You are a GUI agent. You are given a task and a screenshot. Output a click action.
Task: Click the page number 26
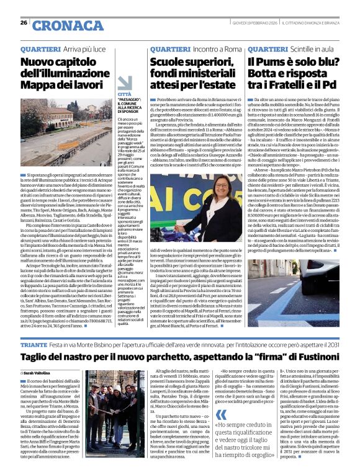[24, 23]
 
